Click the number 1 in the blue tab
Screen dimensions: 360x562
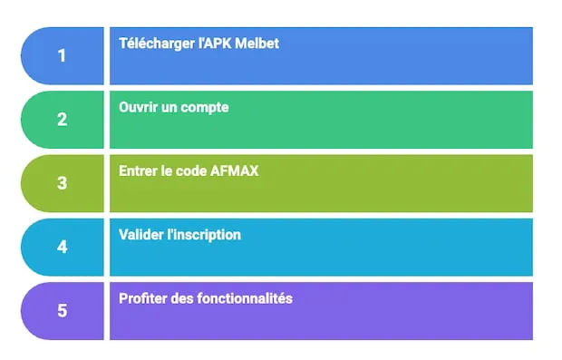(x=62, y=55)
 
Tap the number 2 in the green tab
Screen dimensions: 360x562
(x=62, y=119)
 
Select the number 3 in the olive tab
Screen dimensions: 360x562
(x=62, y=183)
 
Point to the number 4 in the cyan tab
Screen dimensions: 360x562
(x=62, y=247)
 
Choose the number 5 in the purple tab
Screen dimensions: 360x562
(x=62, y=310)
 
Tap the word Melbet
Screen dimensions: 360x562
(x=257, y=44)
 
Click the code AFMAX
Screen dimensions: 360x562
(x=235, y=170)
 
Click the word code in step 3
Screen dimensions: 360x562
(x=192, y=170)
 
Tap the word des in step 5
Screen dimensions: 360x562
(x=184, y=297)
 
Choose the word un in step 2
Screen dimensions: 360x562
(x=172, y=108)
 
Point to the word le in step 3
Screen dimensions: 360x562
(x=169, y=170)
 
